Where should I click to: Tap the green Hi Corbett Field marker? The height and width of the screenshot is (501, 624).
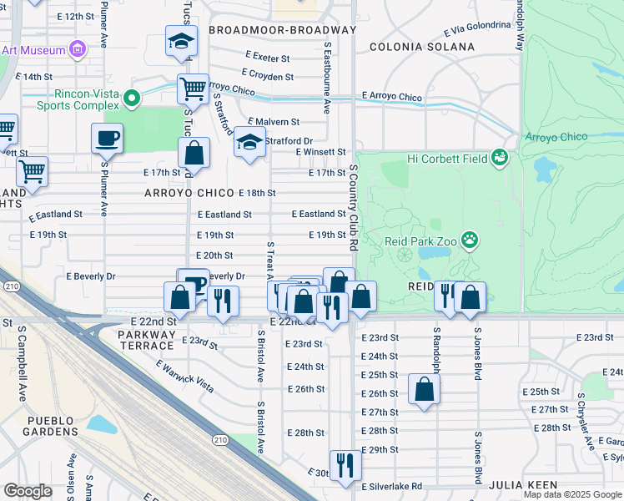[499, 157]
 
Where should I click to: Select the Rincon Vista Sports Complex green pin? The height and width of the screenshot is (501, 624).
[131, 100]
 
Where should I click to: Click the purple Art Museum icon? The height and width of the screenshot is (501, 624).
[78, 50]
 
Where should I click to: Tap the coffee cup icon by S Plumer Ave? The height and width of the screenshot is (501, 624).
[108, 138]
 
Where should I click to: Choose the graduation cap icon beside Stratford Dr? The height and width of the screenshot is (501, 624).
[249, 142]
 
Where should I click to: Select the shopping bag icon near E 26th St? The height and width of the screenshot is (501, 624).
[424, 389]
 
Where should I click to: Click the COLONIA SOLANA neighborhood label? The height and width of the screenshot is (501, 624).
[411, 48]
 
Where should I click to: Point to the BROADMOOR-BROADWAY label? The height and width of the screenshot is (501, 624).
[282, 30]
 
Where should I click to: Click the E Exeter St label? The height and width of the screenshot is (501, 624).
[265, 58]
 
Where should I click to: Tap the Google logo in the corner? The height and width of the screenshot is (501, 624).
[28, 491]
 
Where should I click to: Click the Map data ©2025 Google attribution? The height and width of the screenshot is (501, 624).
[572, 494]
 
